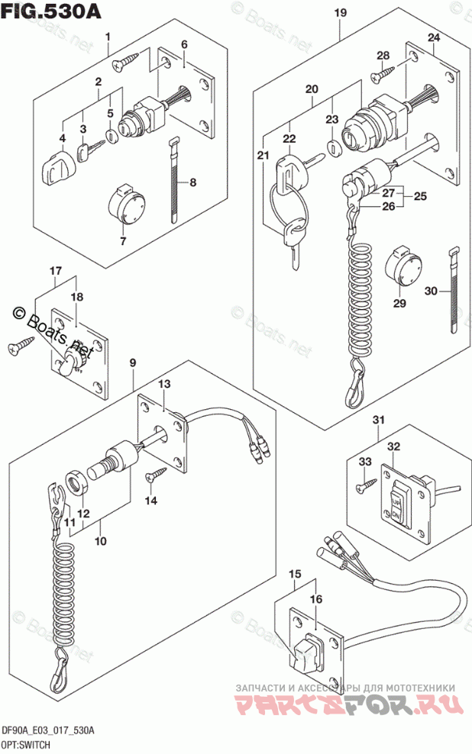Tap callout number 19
pyautogui.click(x=340, y=12)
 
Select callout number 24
pyautogui.click(x=433, y=38)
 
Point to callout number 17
pyautogui.click(x=55, y=271)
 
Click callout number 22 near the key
pyautogui.click(x=288, y=138)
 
